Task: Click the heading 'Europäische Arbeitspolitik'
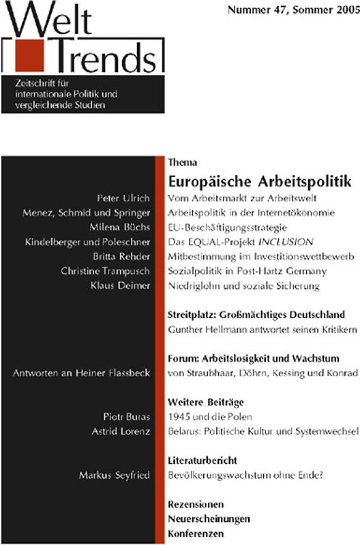[x=260, y=182]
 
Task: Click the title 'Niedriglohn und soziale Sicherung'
[x=243, y=286]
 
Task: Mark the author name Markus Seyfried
[x=114, y=475]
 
